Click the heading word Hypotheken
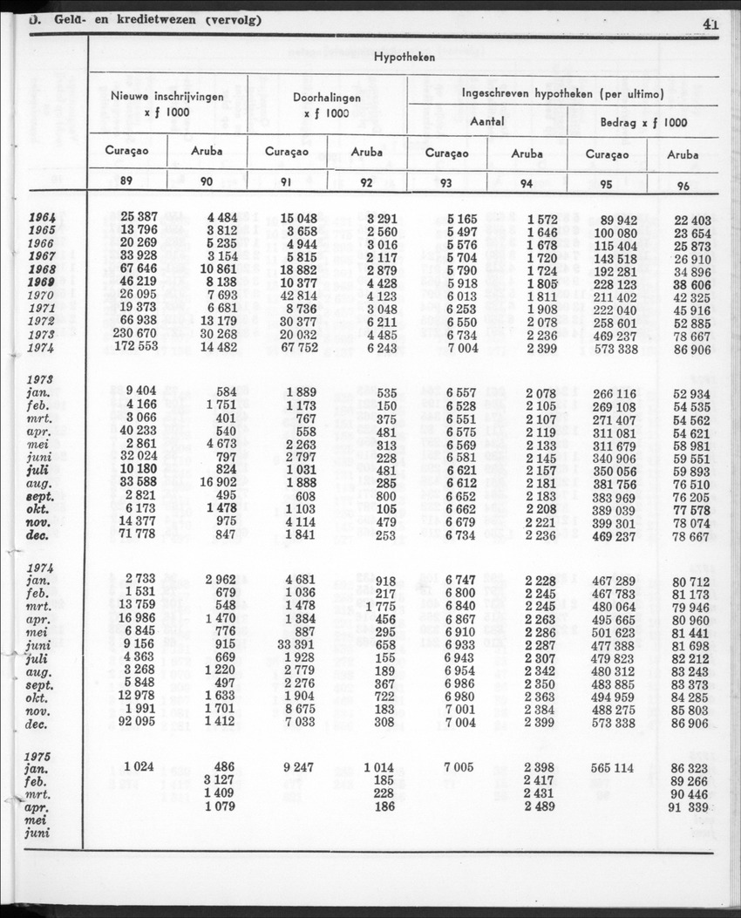click(x=404, y=56)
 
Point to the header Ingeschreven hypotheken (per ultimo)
click(x=563, y=92)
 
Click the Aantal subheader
click(x=487, y=122)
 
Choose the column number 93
click(x=446, y=183)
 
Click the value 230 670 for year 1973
click(x=135, y=336)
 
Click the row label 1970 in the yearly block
click(x=43, y=296)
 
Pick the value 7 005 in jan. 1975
click(x=458, y=767)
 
